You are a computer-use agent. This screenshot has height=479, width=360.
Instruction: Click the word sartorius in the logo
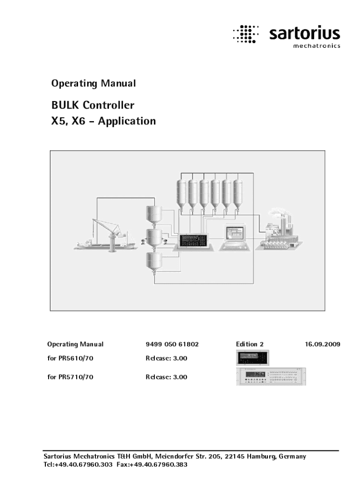(x=304, y=34)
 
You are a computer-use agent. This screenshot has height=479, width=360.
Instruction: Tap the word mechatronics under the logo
(x=316, y=46)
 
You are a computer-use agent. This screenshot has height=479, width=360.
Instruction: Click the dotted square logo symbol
(x=245, y=34)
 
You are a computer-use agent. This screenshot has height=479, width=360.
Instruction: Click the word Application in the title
(x=127, y=121)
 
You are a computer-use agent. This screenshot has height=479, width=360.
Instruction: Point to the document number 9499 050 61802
(x=172, y=344)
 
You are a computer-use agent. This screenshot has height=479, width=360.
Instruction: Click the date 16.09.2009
(x=323, y=344)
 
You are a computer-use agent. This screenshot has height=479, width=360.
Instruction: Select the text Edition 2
(x=250, y=344)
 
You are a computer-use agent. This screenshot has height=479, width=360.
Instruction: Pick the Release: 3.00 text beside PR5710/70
(x=166, y=377)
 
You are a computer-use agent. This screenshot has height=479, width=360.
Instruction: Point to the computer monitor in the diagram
(x=235, y=233)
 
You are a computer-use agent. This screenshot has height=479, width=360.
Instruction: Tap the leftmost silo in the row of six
(x=182, y=194)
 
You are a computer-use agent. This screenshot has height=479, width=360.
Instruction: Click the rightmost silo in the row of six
(x=238, y=194)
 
